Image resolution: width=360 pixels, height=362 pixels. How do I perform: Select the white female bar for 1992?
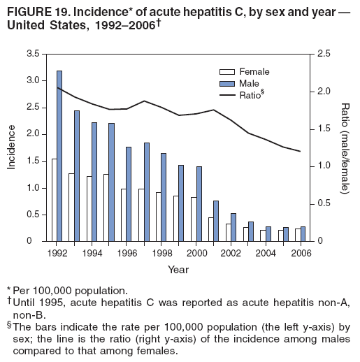point(54,200)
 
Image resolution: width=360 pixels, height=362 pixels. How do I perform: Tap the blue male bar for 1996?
point(129,194)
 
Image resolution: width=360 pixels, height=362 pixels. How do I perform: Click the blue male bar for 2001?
point(216,221)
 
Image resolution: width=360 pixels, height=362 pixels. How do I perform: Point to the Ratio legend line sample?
point(227,95)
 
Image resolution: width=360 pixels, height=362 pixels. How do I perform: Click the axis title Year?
point(177,269)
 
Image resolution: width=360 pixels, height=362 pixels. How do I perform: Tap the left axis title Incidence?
point(12,147)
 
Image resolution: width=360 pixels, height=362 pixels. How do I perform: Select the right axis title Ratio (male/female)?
point(345,147)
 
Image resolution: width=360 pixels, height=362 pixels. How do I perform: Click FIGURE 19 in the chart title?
point(31,9)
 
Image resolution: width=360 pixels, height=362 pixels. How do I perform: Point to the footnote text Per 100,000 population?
point(71,289)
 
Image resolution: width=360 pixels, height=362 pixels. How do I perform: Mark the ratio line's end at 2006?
point(300,151)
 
